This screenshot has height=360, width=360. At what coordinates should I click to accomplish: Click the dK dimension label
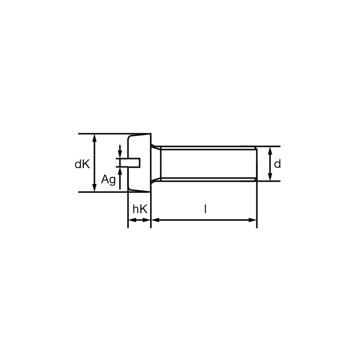[82, 164]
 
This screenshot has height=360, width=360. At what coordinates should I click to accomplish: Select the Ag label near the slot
[108, 180]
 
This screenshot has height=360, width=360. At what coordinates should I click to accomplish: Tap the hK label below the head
[140, 209]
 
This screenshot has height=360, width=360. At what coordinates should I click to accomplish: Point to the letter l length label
[206, 209]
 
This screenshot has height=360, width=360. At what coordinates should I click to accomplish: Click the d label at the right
[277, 164]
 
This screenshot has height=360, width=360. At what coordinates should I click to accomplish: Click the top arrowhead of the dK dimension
[94, 138]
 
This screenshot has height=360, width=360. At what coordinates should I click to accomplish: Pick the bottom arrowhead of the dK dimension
[94, 187]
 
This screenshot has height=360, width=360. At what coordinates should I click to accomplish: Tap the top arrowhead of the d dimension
[270, 151]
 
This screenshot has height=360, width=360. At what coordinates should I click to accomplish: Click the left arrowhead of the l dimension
[156, 220]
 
